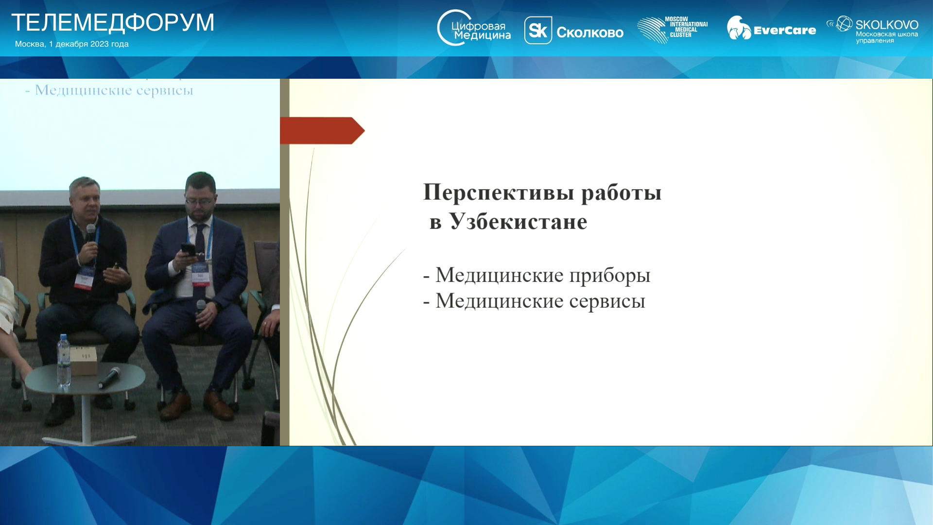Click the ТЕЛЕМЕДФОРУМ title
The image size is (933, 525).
113,23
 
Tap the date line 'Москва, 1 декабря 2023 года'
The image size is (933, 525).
72,44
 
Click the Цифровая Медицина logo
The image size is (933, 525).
474,28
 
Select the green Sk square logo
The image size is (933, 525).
538,30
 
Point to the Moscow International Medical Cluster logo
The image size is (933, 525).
673,29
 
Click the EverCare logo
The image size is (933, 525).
771,28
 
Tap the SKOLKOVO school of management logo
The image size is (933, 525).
872,30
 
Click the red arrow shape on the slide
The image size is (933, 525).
322,130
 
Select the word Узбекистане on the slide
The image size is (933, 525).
518,222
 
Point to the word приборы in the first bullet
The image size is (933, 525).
610,276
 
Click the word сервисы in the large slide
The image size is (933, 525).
607,301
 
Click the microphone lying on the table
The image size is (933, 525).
109,378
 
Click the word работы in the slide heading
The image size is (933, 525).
622,192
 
